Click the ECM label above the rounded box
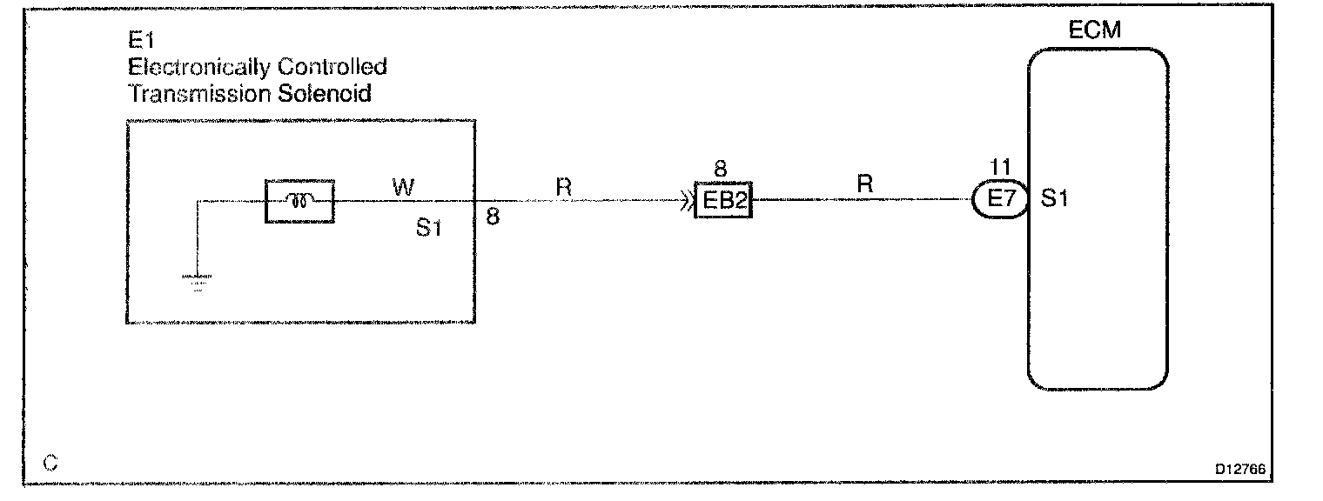click(x=1094, y=31)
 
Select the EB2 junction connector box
click(x=723, y=201)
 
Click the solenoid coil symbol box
click(x=299, y=201)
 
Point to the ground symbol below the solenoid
click(x=198, y=281)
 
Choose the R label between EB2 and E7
click(x=864, y=184)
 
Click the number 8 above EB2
click(x=719, y=170)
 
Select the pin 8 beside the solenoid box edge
click(x=493, y=217)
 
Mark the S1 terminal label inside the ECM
click(x=1055, y=200)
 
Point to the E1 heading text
click(x=141, y=39)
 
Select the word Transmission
click(x=199, y=93)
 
